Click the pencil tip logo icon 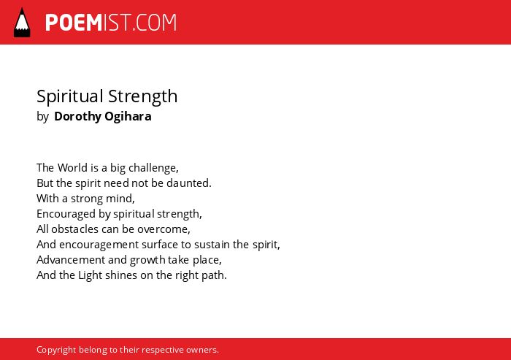(22, 22)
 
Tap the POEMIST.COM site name (111, 23)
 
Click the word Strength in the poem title (143, 97)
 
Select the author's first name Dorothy (77, 116)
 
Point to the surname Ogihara (128, 116)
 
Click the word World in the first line (73, 168)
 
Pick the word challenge (153, 168)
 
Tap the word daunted (188, 183)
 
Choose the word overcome (164, 229)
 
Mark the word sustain (204, 245)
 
